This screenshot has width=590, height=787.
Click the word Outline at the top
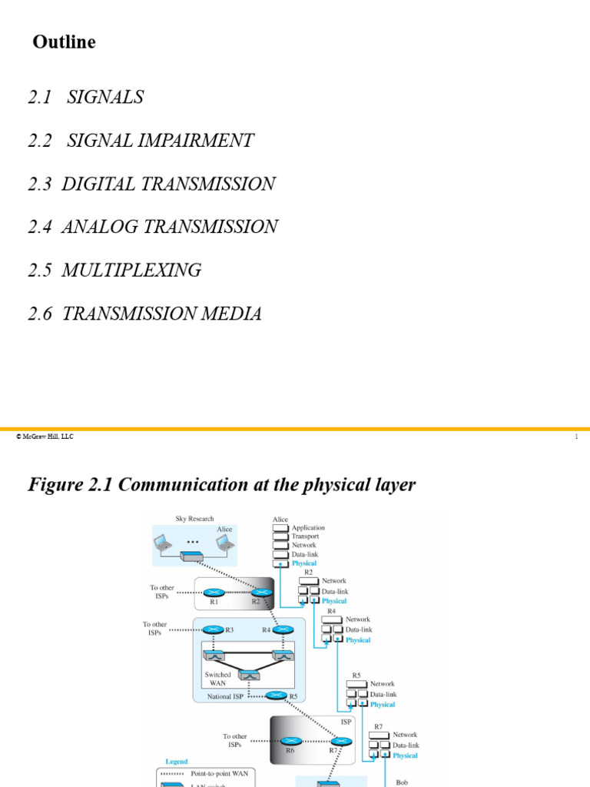[x=64, y=42]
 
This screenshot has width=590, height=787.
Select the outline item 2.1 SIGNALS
[x=86, y=98]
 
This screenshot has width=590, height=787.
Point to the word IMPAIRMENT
[x=200, y=141]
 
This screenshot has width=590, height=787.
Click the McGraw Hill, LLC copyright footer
[x=45, y=437]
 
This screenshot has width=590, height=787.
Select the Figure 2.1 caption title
[x=221, y=485]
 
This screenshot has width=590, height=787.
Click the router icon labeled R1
[x=214, y=593]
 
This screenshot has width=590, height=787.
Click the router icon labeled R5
[x=276, y=696]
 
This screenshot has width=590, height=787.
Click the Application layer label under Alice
[x=308, y=528]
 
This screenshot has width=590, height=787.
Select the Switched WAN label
[x=217, y=679]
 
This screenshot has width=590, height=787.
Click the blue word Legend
[x=176, y=762]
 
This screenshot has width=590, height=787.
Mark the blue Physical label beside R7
[x=405, y=755]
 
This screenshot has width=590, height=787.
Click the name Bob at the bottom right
[x=402, y=782]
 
